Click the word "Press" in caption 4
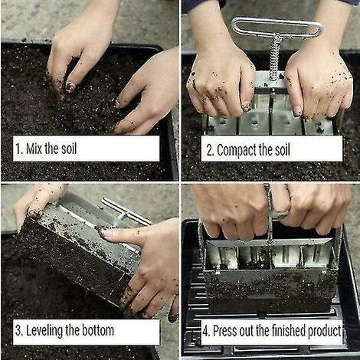pyautogui.click(x=227, y=331)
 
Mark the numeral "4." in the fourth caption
pyautogui.click(x=206, y=331)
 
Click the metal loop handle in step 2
pyautogui.click(x=277, y=28)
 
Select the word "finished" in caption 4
pyautogui.click(x=283, y=331)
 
